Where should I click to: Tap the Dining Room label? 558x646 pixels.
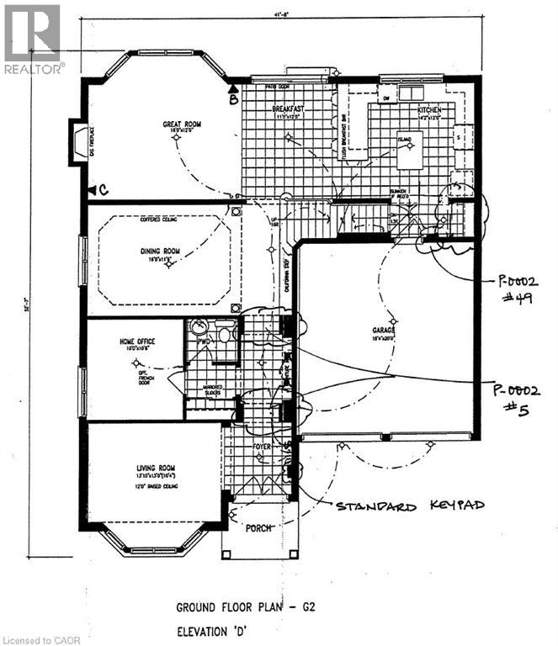click(161, 250)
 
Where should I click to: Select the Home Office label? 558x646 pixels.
click(134, 342)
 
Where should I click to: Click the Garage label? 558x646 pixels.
click(384, 331)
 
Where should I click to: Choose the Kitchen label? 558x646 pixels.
click(429, 110)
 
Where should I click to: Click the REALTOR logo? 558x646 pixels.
click(32, 39)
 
